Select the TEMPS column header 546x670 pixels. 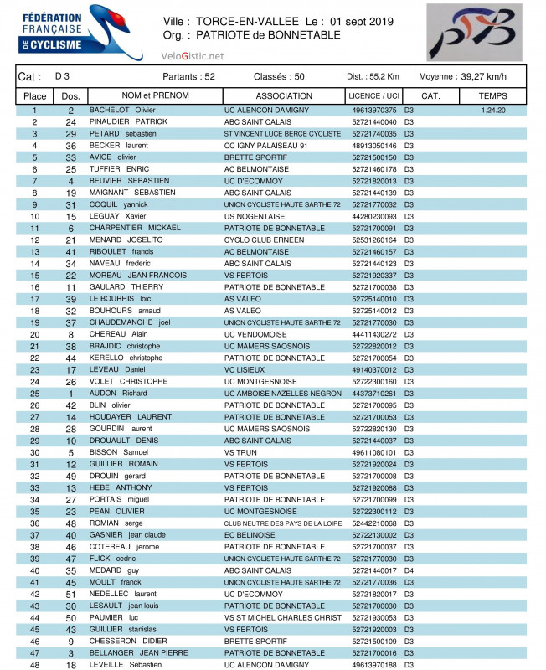[x=492, y=96]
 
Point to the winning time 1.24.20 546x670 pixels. [x=493, y=111]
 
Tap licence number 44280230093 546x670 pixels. [x=374, y=216]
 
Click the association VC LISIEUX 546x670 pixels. [x=245, y=369]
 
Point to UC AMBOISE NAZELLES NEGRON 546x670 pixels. [x=283, y=393]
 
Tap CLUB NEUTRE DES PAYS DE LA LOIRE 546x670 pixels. [x=282, y=523]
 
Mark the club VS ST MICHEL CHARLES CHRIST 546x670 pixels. [x=283, y=617]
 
